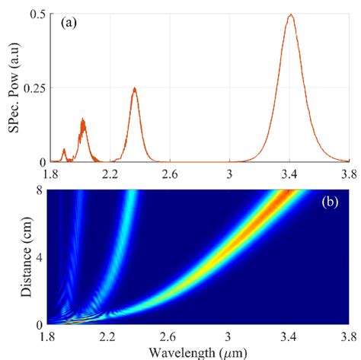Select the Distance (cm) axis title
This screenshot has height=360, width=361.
pos(16,257)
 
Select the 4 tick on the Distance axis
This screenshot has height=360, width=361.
pos(37,257)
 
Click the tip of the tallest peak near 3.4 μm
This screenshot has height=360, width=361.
pos(289,14)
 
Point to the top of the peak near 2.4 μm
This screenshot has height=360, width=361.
pos(135,88)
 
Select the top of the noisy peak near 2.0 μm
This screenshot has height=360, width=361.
pos(82,120)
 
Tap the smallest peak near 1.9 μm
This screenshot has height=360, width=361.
pos(64,149)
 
